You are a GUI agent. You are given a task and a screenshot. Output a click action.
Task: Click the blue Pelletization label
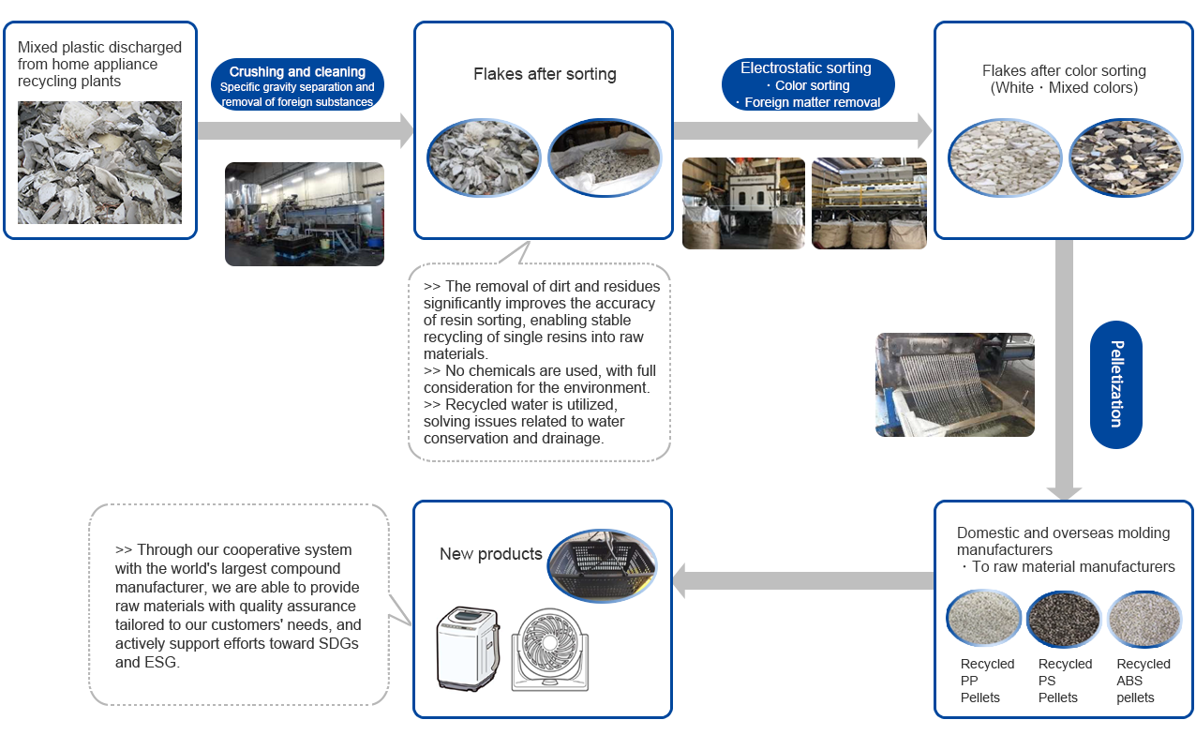[x=1115, y=384]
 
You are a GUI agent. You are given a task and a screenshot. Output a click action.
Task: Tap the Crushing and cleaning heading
[x=297, y=72]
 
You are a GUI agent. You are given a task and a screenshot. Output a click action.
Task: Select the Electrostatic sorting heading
[x=806, y=67]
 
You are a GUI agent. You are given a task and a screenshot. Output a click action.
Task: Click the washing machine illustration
[x=468, y=648]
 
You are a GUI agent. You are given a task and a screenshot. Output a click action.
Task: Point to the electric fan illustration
[x=550, y=651]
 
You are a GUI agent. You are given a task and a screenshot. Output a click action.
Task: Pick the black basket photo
[x=602, y=567]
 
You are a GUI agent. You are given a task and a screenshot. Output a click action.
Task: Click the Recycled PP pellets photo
[x=983, y=619]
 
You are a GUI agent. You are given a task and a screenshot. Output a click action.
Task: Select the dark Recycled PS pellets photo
[x=1064, y=620]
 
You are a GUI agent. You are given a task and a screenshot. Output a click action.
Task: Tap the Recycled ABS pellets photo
[x=1144, y=620]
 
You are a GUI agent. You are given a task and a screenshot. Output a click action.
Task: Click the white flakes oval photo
[x=1004, y=157]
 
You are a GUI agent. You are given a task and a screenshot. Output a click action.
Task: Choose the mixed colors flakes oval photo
[x=1126, y=157]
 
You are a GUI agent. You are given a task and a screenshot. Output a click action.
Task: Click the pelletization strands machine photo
[x=954, y=384]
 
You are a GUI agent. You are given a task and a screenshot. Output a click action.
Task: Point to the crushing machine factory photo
[x=304, y=214]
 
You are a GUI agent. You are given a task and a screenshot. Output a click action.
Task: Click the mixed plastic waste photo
[x=99, y=162]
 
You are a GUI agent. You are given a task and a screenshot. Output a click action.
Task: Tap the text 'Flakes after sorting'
[x=545, y=74]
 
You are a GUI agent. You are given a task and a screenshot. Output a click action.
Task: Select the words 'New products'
[x=490, y=554]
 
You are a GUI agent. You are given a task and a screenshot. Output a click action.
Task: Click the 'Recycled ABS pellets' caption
[x=1143, y=681]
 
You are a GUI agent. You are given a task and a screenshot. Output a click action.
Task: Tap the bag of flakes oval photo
[x=604, y=157]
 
